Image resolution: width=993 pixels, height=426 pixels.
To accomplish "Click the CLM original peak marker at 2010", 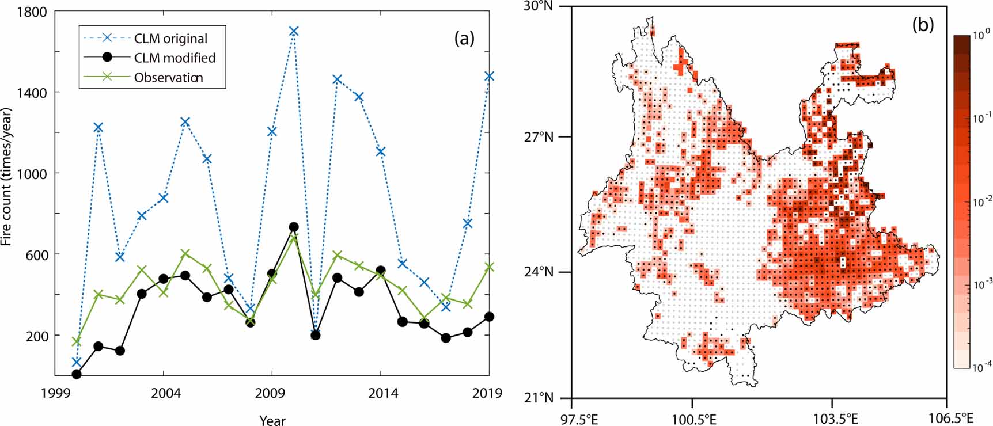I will pyautogui.click(x=294, y=31).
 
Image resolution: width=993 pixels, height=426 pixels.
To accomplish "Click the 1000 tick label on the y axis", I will pyautogui.click(x=32, y=173).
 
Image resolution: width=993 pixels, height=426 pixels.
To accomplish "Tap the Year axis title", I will pyautogui.click(x=272, y=420).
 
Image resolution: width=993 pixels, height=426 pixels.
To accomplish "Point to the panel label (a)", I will pyautogui.click(x=464, y=39).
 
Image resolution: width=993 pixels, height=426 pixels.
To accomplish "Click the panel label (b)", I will pyautogui.click(x=923, y=25).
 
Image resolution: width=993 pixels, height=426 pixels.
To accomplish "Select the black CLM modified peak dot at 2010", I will pyautogui.click(x=294, y=227).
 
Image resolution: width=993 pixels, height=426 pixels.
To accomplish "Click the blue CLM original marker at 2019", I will pyautogui.click(x=489, y=76).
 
